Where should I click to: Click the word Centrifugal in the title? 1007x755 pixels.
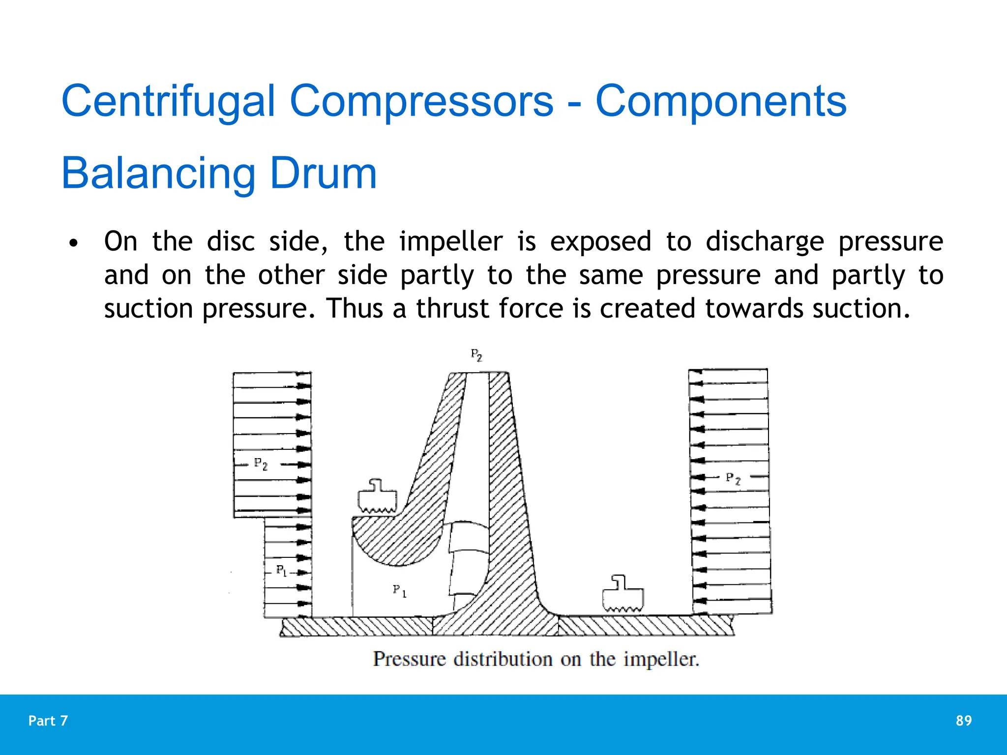(168, 101)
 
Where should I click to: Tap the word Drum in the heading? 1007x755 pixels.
(323, 174)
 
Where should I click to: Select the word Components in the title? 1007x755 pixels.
(721, 101)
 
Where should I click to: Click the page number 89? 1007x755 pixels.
(963, 721)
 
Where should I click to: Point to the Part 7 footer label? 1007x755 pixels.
(48, 721)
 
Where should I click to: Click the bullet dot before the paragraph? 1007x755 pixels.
(74, 243)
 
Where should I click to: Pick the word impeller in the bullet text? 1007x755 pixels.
(451, 242)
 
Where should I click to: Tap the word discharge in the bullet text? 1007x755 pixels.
(765, 242)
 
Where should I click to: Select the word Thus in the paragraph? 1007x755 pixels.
(354, 309)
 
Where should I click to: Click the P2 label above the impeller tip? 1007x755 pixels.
(476, 355)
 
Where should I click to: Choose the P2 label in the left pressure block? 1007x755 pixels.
(261, 464)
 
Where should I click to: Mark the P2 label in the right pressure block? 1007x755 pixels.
(733, 478)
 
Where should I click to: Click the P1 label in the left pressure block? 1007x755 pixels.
(281, 571)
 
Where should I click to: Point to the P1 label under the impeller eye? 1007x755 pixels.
(400, 591)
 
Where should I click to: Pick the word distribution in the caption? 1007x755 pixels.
(503, 659)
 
